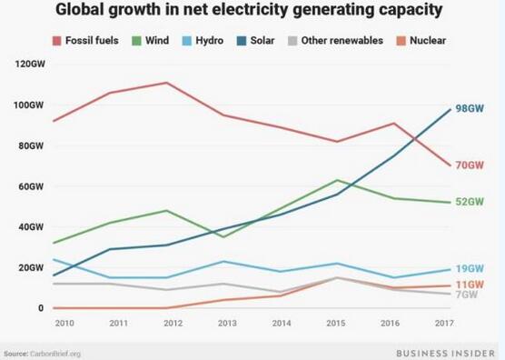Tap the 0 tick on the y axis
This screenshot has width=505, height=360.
pos(40,308)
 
